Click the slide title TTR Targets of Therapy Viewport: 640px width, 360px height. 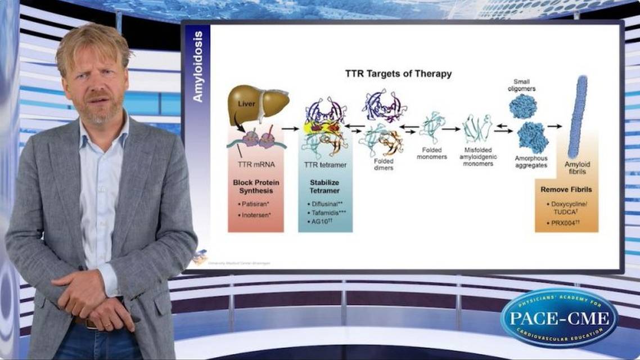coord(398,74)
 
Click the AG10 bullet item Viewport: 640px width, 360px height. coord(319,223)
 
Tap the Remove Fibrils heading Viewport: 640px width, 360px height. coord(566,190)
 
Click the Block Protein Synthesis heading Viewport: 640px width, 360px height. coord(256,187)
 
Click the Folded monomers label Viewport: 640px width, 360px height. coord(431,154)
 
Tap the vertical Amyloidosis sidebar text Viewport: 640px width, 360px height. coord(197,66)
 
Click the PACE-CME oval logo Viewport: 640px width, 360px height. coord(558,318)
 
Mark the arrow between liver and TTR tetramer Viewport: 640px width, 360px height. coord(290,128)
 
